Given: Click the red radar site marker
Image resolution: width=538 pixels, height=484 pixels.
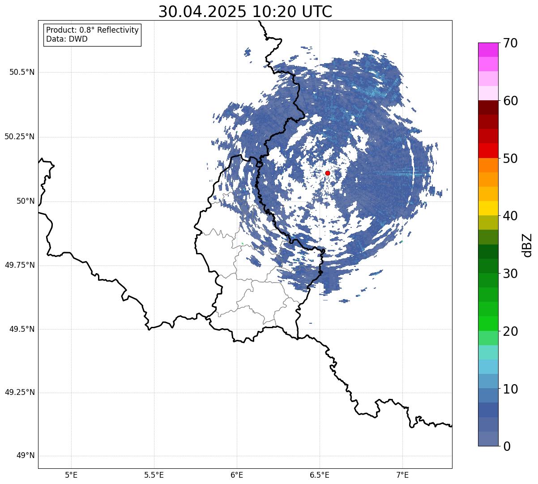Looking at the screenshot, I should pyautogui.click(x=327, y=173).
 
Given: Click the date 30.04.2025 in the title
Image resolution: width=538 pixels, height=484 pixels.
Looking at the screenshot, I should pyautogui.click(x=202, y=12).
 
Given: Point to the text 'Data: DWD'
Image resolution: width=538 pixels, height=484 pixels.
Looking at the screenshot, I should pyautogui.click(x=67, y=39).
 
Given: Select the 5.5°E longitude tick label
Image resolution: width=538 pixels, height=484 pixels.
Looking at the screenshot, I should pyautogui.click(x=154, y=475).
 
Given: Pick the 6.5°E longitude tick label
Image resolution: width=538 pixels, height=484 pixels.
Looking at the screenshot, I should pyautogui.click(x=320, y=475).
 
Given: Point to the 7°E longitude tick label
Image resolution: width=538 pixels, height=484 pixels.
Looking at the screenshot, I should pyautogui.click(x=402, y=475).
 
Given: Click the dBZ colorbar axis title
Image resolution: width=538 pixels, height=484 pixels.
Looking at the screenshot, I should pyautogui.click(x=527, y=244).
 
